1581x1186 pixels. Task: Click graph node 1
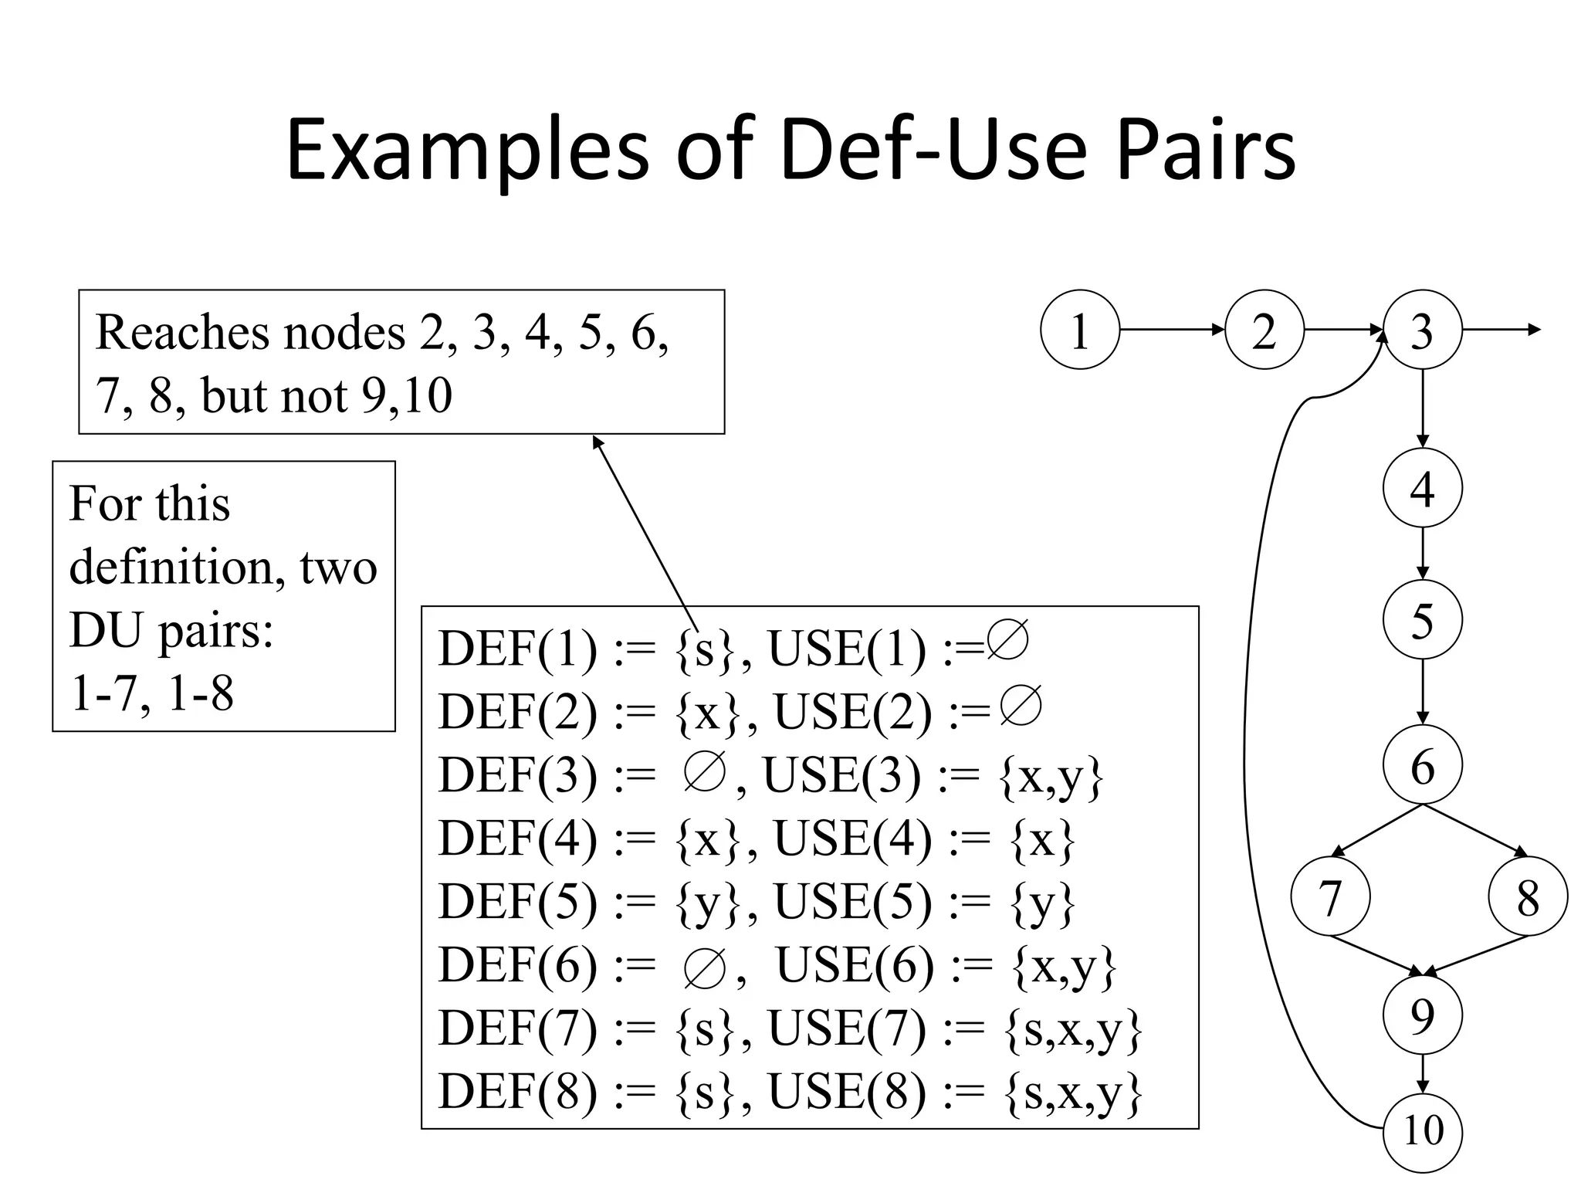[x=1079, y=330]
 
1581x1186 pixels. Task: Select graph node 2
[x=1264, y=330]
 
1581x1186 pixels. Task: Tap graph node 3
[x=1422, y=330]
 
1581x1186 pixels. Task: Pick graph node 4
[x=1422, y=488]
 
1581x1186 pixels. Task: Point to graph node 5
[x=1422, y=619]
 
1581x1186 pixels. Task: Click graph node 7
[x=1330, y=896]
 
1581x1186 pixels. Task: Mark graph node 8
[x=1528, y=897]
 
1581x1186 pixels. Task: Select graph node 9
[x=1422, y=1015]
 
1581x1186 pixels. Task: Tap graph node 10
[x=1422, y=1131]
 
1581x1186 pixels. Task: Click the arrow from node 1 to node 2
[x=1172, y=330]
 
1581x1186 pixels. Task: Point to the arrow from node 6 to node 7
[x=1376, y=831]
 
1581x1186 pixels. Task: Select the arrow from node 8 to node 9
[x=1475, y=955]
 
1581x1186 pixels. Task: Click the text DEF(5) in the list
[x=517, y=901]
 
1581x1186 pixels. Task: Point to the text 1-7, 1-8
[x=152, y=693]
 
